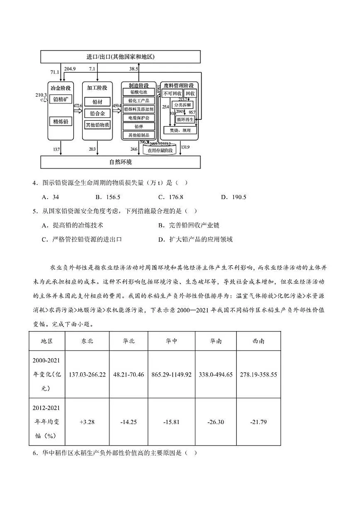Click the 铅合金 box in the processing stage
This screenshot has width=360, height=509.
point(97,113)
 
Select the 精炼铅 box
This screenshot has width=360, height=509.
point(61,122)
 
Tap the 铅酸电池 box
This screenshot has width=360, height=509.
point(139,92)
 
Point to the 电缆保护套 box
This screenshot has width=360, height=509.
point(139,118)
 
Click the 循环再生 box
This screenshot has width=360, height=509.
point(185,119)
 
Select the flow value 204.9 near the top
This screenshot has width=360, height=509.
point(70,69)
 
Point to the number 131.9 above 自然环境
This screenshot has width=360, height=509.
point(185,147)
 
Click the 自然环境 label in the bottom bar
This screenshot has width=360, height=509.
point(120,162)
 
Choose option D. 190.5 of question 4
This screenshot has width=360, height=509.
point(234,197)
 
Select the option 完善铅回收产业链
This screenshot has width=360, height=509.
point(189,225)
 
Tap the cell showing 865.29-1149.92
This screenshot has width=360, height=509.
point(172,375)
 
